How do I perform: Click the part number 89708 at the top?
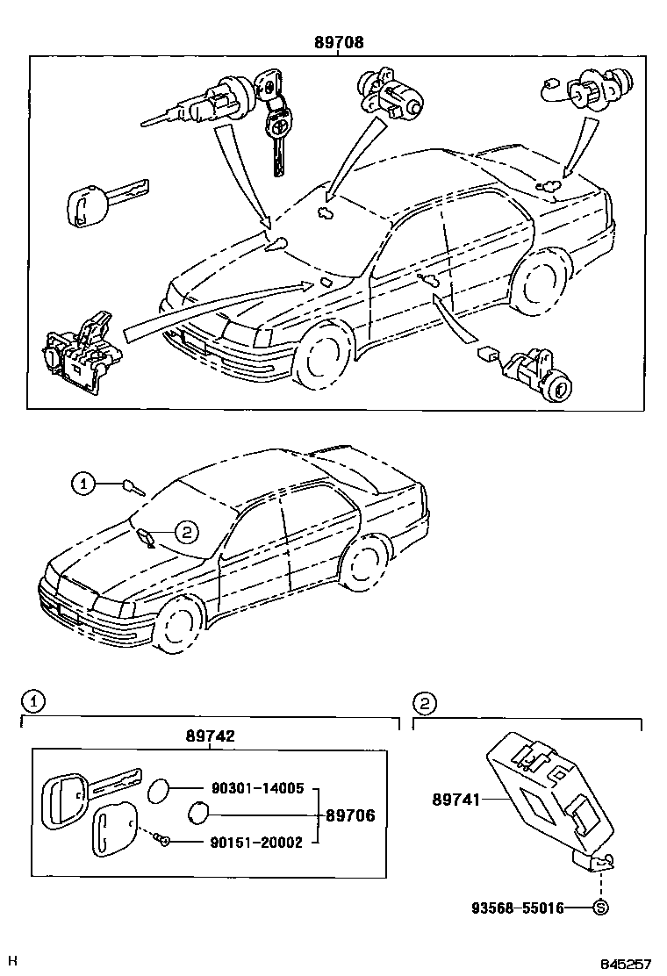click(340, 41)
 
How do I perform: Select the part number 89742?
click(210, 737)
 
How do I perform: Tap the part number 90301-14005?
click(256, 789)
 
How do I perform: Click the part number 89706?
click(350, 815)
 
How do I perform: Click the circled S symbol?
click(600, 908)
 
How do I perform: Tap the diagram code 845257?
click(626, 964)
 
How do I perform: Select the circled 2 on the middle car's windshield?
click(187, 530)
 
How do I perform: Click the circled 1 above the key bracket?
click(31, 701)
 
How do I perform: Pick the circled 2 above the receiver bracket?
click(424, 701)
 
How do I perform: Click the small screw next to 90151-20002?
click(163, 842)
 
